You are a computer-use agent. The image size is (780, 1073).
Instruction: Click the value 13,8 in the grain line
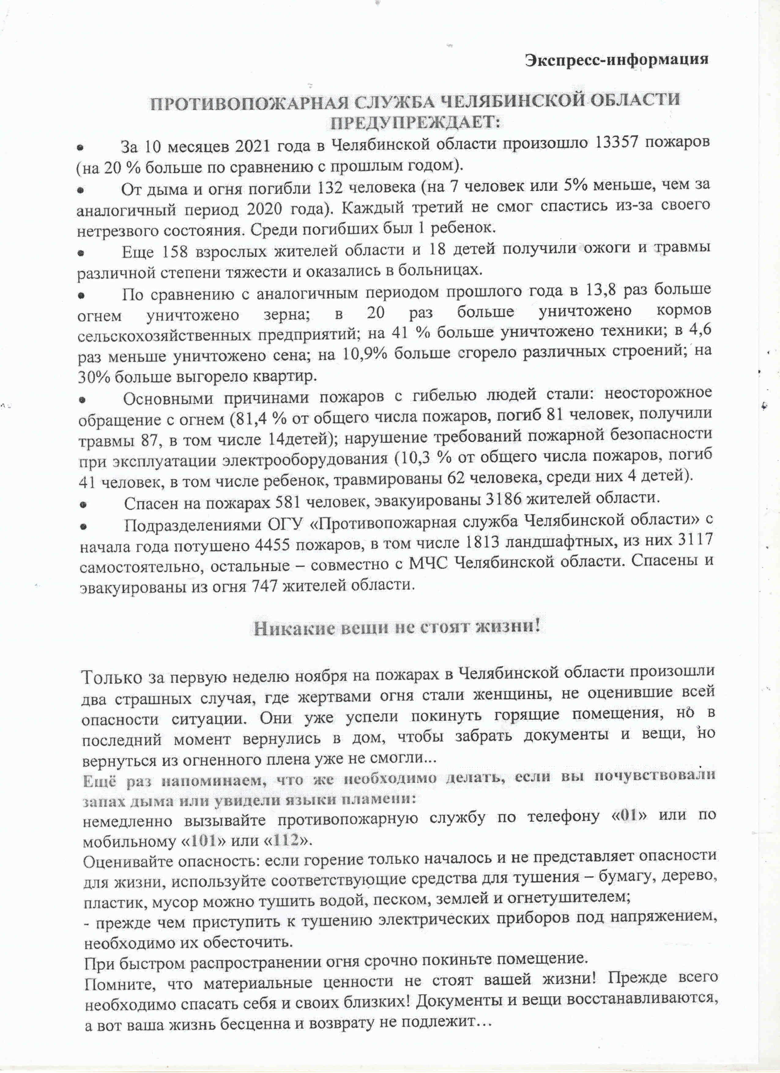601,289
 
